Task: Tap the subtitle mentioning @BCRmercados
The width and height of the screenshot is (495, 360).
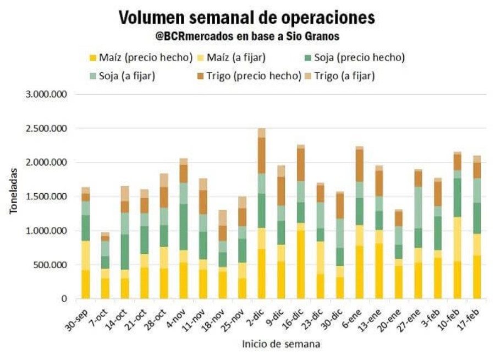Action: (x=247, y=36)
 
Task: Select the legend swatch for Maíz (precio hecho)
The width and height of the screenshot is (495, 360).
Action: (x=93, y=57)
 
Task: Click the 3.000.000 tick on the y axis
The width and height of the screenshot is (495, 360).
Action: (x=47, y=95)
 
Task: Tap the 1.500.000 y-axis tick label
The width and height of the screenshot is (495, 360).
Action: (x=47, y=197)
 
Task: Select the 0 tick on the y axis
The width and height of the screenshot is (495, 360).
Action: (x=64, y=299)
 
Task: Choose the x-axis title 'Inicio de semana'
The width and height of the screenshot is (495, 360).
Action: (x=281, y=345)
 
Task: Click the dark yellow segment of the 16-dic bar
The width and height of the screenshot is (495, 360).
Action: (x=301, y=261)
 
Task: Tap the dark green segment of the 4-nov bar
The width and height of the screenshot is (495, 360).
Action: (x=183, y=227)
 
